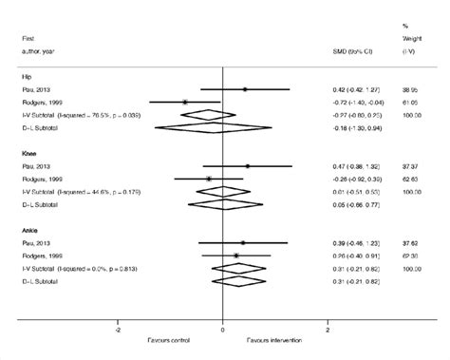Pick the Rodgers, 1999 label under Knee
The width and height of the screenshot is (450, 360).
[x=44, y=178]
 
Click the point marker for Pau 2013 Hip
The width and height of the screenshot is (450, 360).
[x=245, y=89]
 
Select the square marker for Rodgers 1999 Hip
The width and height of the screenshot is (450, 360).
[x=185, y=102]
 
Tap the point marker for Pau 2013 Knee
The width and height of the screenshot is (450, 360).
[x=248, y=166]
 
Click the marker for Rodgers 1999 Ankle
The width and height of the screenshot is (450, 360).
[x=236, y=255]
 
